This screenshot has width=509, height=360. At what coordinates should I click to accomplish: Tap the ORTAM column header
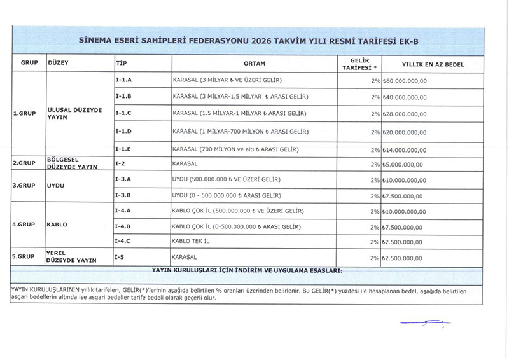(254, 64)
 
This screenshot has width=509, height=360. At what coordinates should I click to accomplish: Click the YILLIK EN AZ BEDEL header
(433, 64)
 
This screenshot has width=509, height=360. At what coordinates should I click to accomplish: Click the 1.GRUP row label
(24, 114)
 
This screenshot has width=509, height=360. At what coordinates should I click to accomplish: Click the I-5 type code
(119, 256)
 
